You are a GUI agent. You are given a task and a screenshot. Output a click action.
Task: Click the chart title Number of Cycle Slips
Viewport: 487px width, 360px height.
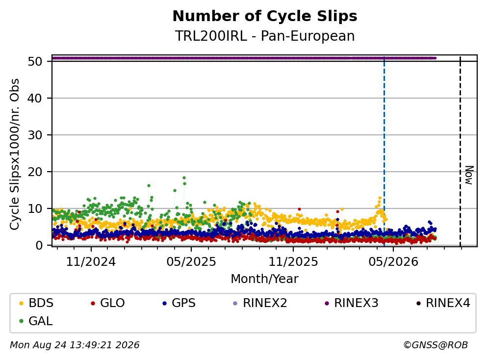[x=265, y=16]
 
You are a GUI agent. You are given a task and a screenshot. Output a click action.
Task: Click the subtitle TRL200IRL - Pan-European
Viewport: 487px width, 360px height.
[x=265, y=36]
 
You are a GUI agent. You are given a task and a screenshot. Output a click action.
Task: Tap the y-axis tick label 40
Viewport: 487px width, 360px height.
[x=35, y=98]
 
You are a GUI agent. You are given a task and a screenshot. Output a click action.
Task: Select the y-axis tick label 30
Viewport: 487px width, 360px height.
[x=35, y=135]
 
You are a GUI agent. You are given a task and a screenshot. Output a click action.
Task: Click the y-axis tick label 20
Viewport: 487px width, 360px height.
[x=35, y=172]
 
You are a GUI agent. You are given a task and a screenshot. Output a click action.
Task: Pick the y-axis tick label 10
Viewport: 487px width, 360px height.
[x=35, y=208]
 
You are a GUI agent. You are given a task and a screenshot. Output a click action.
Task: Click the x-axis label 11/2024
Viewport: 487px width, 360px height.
[x=91, y=262]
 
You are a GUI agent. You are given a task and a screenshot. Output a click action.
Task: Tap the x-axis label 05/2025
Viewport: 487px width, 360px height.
[x=191, y=262]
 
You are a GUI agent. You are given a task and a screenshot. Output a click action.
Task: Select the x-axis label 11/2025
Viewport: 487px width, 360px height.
[x=293, y=262]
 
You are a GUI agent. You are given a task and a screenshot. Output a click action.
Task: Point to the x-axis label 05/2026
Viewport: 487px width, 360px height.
[x=393, y=262]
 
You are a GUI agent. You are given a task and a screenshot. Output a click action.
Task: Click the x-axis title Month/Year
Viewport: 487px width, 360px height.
[x=265, y=279]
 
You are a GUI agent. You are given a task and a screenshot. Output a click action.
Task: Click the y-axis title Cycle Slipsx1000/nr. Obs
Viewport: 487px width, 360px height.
[x=14, y=154]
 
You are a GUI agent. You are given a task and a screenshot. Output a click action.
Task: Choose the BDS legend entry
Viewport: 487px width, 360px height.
[x=36, y=303]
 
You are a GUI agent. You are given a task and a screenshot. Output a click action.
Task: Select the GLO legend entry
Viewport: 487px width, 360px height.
[x=108, y=303]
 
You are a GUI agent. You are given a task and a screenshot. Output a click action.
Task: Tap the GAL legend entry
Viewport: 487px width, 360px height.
[x=36, y=321]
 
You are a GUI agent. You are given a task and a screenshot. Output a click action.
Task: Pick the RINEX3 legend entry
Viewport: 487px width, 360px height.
[x=352, y=303]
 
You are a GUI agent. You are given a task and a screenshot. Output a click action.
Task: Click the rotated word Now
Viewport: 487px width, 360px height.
[x=469, y=175]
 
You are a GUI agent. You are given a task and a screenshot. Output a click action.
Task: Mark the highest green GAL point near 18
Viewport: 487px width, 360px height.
[x=184, y=178]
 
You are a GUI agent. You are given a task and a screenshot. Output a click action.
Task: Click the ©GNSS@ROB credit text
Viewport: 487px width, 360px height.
[x=436, y=345]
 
